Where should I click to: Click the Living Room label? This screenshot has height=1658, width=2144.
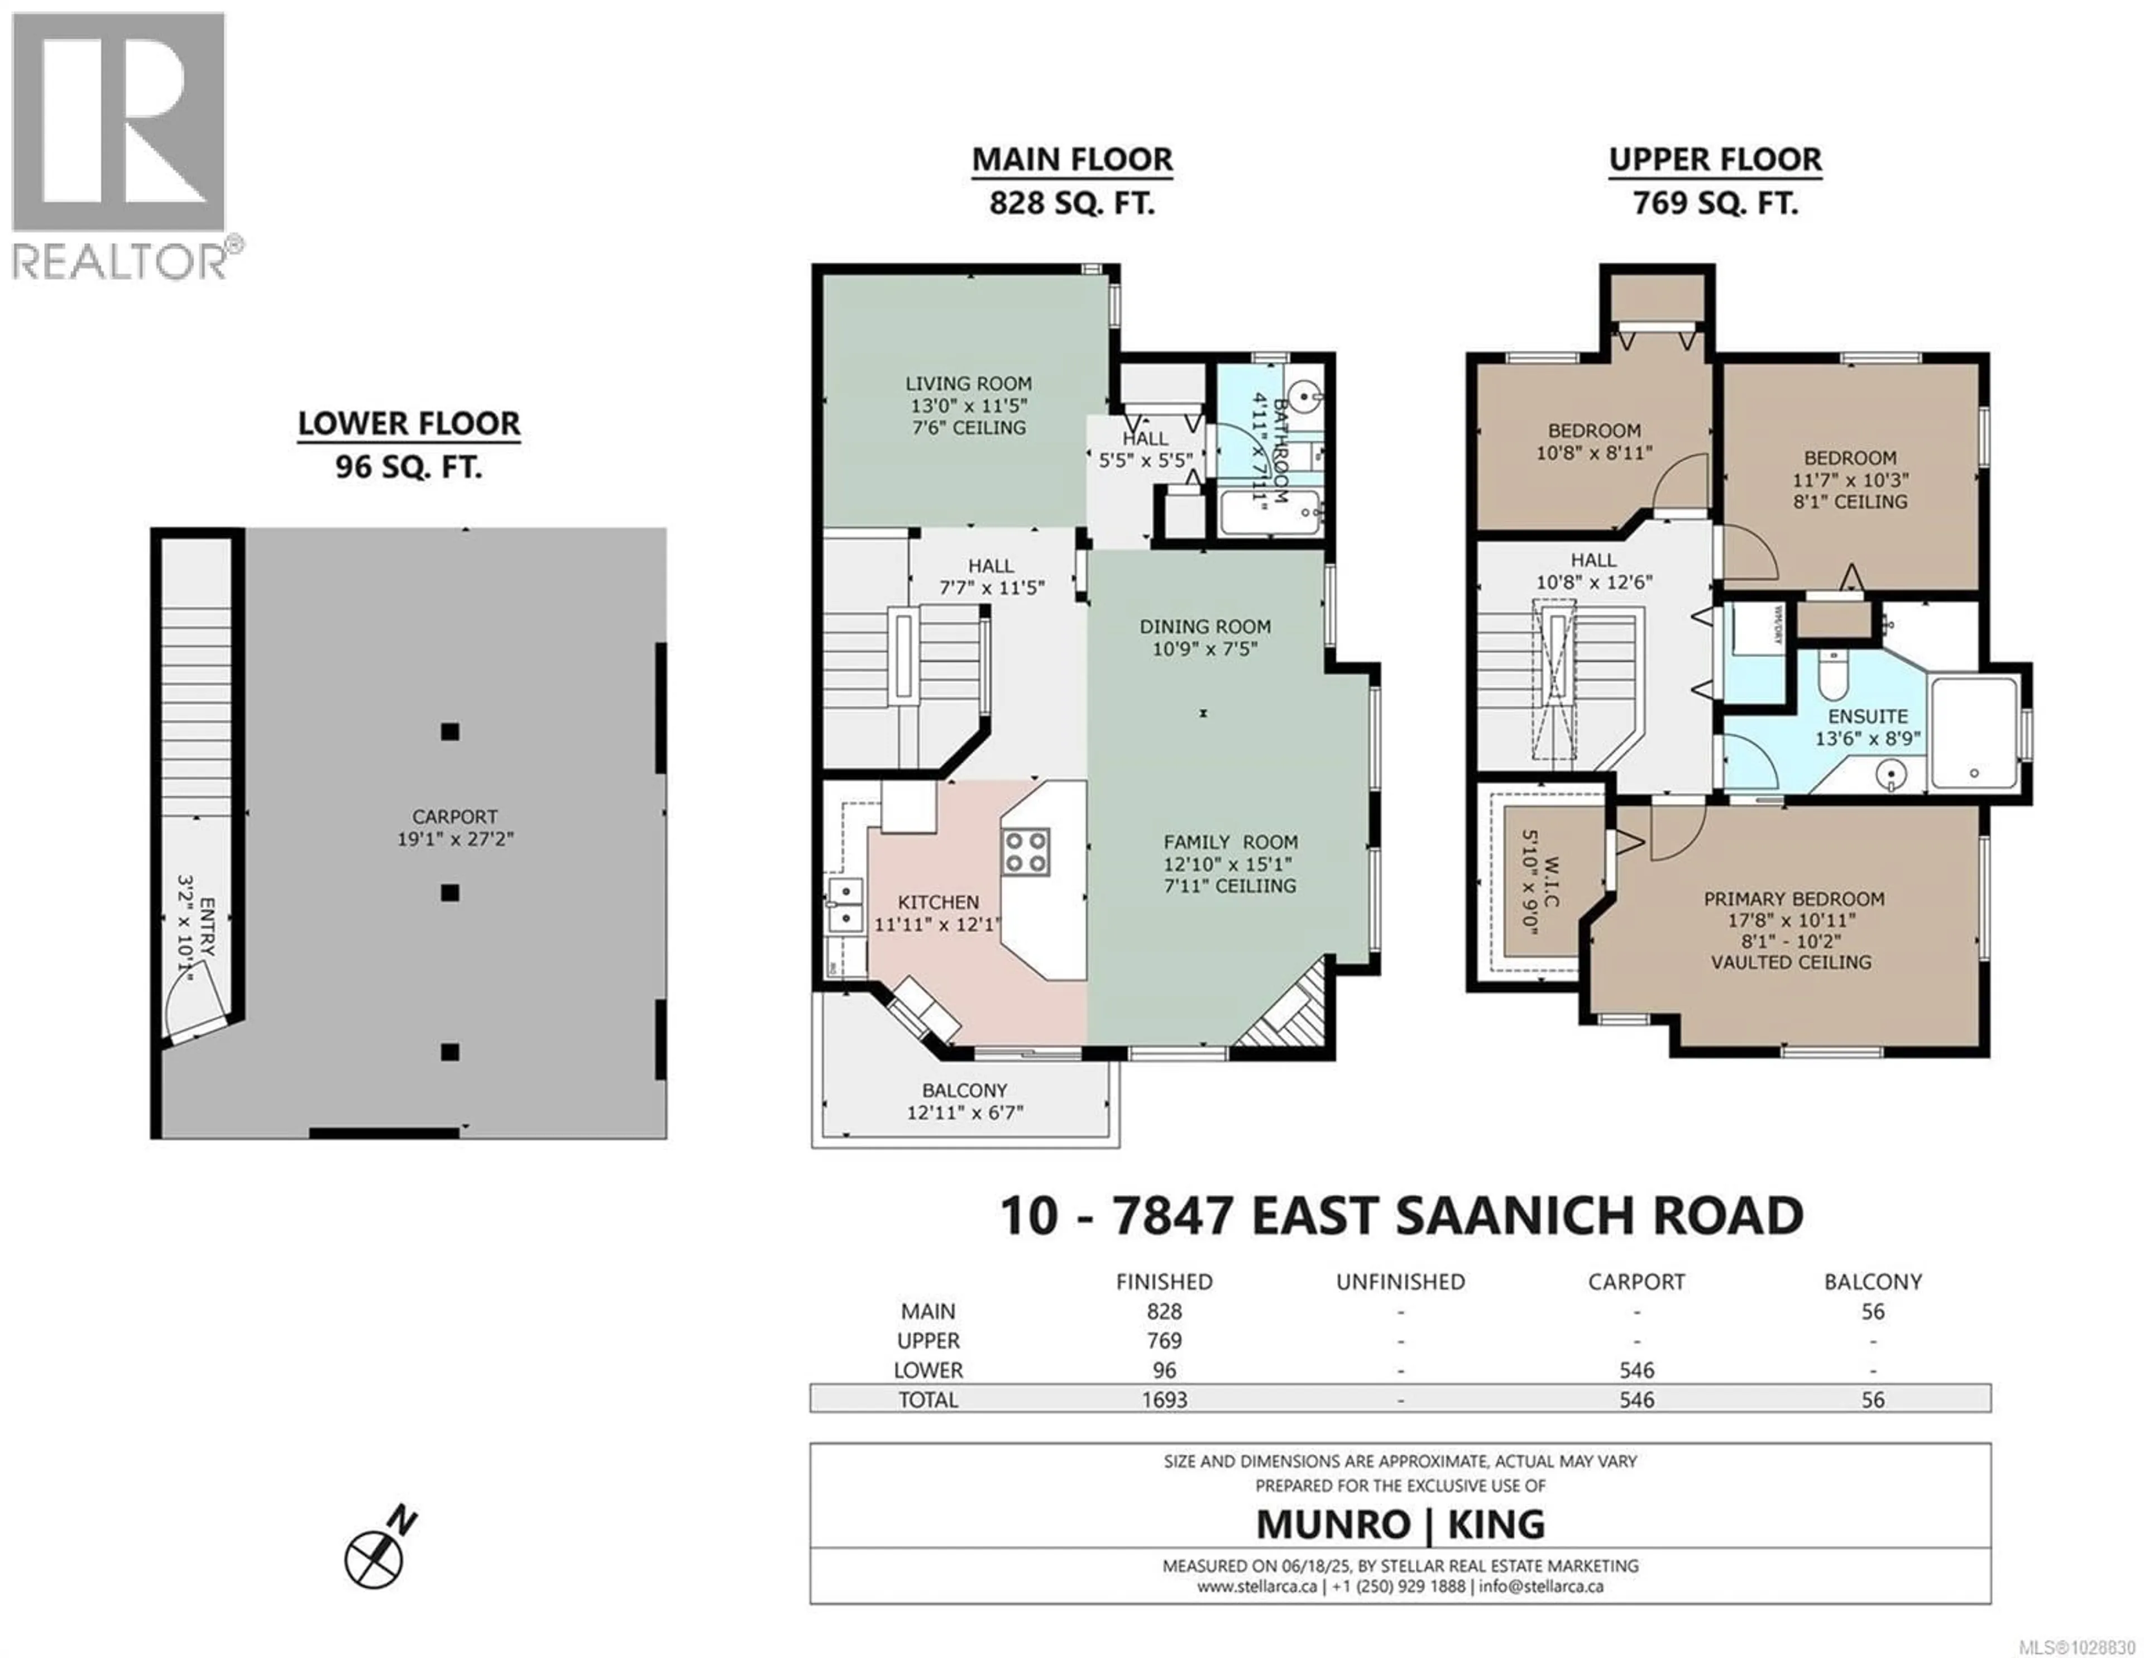(968, 384)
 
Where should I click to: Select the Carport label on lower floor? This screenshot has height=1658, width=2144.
(454, 817)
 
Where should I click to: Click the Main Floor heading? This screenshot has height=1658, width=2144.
(1072, 159)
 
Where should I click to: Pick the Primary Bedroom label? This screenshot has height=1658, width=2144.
(1793, 898)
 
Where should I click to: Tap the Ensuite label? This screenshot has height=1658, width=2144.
(1867, 716)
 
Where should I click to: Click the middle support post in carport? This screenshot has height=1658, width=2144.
(449, 892)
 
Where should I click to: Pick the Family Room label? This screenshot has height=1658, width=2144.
(1230, 842)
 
